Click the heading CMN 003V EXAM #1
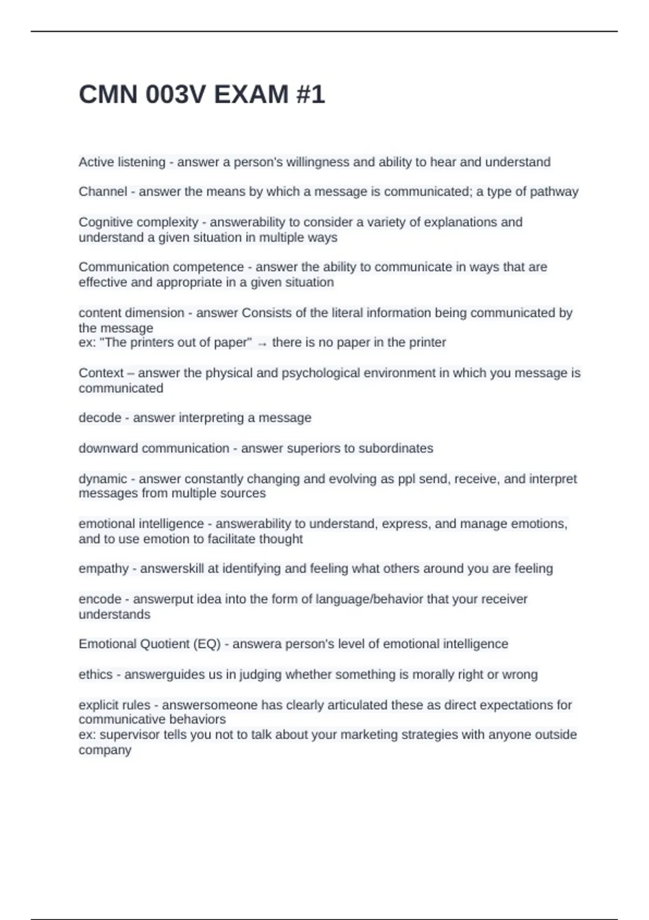pos(202,95)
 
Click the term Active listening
pos(122,162)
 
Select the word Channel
pos(103,192)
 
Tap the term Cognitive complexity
pos(138,222)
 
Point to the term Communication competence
pos(161,267)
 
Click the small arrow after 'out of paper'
pos(262,344)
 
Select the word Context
pos(101,373)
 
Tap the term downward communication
pos(154,448)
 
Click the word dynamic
pos(103,479)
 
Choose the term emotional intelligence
pos(141,524)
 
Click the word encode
pos(100,599)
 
